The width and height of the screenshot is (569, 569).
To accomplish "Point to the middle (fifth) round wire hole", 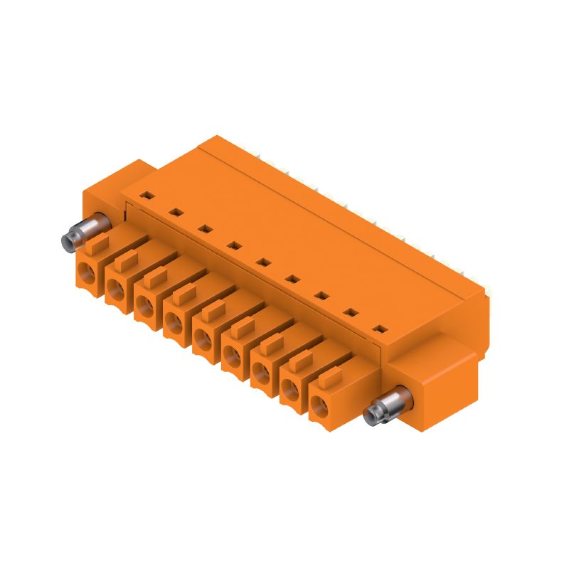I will (203, 340).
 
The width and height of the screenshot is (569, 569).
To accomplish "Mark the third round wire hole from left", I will (145, 305).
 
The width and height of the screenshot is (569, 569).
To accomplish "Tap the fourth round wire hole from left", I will (174, 323).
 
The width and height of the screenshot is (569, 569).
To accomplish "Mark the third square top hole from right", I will (321, 295).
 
